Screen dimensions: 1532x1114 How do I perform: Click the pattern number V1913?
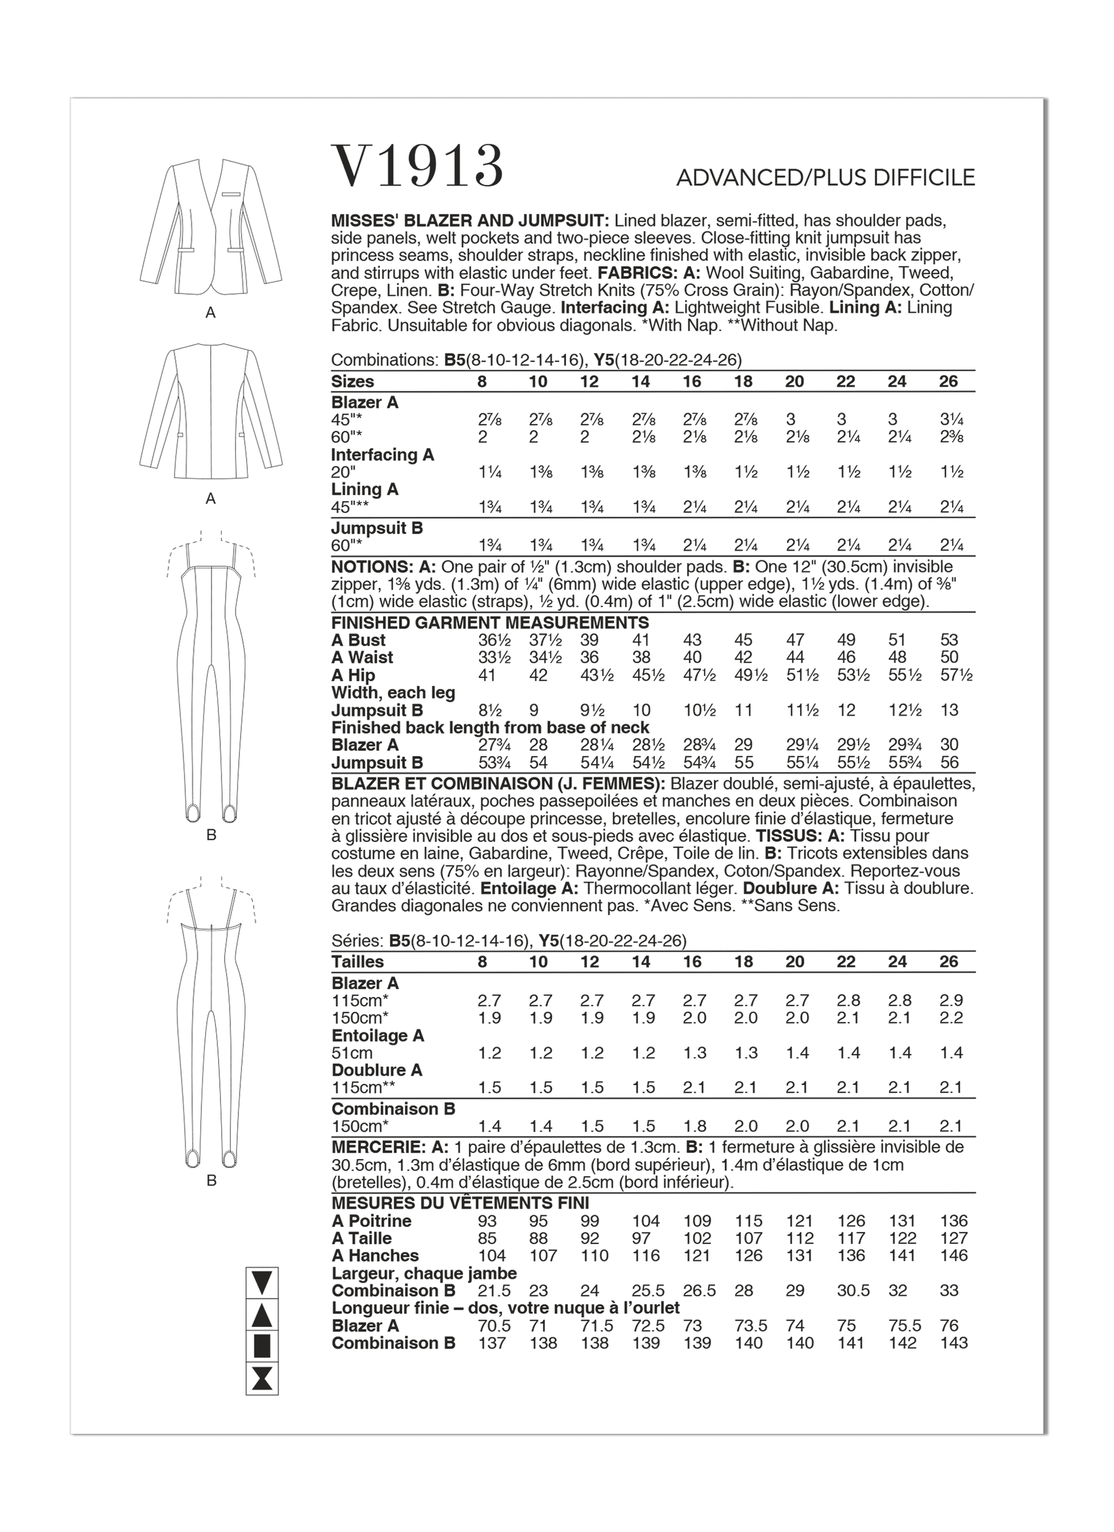tap(417, 166)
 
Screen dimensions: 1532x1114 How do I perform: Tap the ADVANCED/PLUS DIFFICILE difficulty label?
tap(825, 177)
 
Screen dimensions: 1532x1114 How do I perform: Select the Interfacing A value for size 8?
tap(487, 472)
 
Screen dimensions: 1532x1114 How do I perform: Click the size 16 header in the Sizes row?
tap(692, 382)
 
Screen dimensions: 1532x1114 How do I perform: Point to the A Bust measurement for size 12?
tap(589, 639)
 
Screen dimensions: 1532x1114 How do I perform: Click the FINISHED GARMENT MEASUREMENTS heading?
tap(490, 622)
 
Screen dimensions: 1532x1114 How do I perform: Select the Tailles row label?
tap(357, 962)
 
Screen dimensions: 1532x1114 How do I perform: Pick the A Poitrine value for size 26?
tap(953, 1221)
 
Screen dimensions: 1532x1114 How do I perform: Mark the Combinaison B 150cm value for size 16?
tap(693, 1126)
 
